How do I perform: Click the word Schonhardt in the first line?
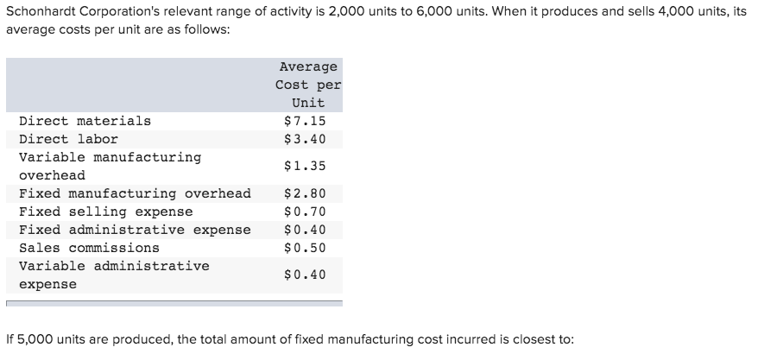40,11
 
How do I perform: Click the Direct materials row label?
85,121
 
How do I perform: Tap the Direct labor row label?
68,139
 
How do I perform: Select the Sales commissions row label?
89,248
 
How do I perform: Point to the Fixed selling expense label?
105,212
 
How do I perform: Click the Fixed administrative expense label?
135,230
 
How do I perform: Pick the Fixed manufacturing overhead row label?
135,193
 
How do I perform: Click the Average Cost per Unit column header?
308,85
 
